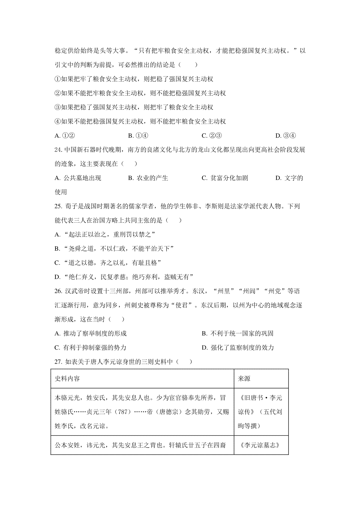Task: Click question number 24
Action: coord(58,150)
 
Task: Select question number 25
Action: coord(58,206)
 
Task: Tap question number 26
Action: coord(58,291)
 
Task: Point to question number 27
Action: coord(58,362)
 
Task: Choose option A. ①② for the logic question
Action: coord(64,136)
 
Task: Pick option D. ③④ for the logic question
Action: coord(286,136)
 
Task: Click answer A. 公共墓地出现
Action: coord(78,178)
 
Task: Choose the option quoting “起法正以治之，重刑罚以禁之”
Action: coord(105,235)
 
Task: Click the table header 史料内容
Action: coord(67,379)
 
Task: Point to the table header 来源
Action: coord(244,379)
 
